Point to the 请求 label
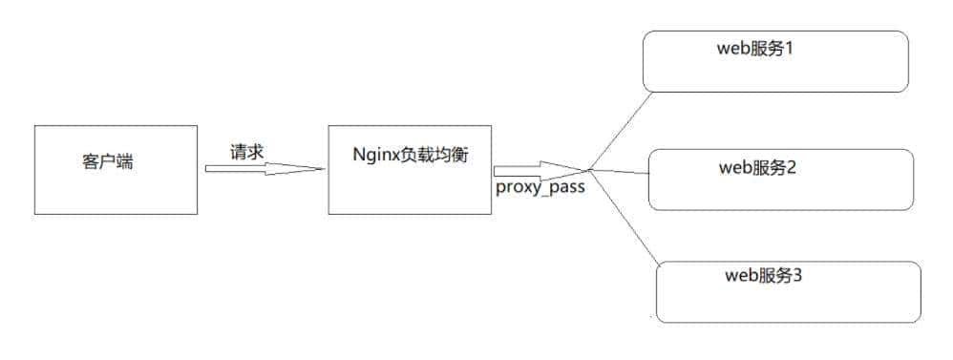pyautogui.click(x=246, y=151)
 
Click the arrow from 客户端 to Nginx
pyautogui.click(x=264, y=169)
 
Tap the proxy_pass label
pyautogui.click(x=540, y=188)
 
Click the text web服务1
pyautogui.click(x=756, y=48)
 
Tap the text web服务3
pyautogui.click(x=764, y=277)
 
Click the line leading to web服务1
pyautogui.click(x=618, y=131)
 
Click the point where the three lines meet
pyautogui.click(x=591, y=170)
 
